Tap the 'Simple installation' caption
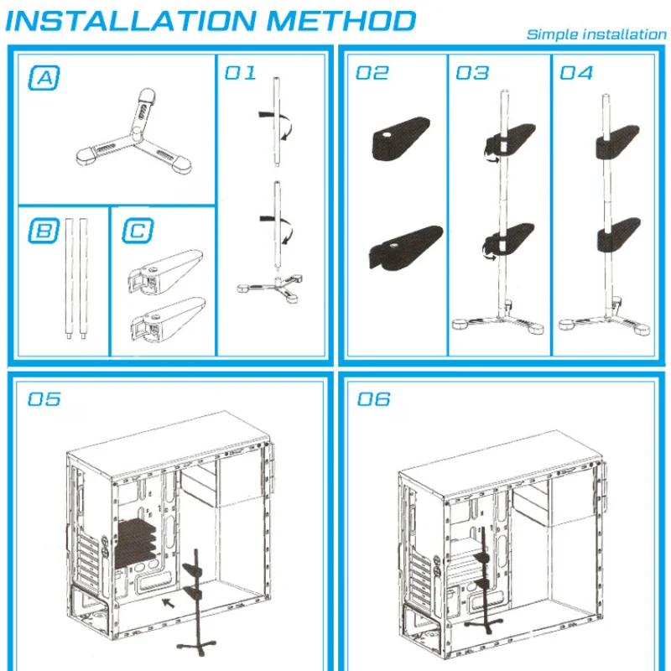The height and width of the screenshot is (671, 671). coord(596,34)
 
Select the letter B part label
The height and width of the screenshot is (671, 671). coord(44,230)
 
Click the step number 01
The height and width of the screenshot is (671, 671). coord(240,72)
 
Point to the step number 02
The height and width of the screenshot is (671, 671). coord(372,72)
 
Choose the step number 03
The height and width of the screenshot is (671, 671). coord(472,72)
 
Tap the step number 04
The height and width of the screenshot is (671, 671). coord(576,72)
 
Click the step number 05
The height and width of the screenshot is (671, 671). coord(44,398)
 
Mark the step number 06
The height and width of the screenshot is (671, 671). coord(374,398)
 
